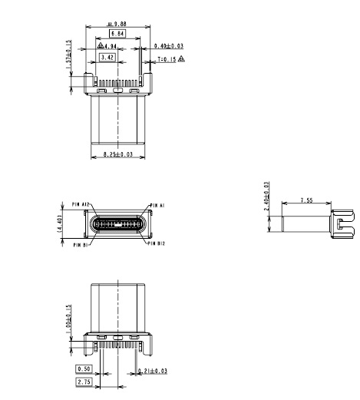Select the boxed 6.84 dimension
pyautogui.click(x=117, y=35)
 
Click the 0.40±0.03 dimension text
pyautogui.click(x=170, y=47)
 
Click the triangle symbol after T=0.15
pyautogui.click(x=181, y=58)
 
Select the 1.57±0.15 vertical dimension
pyautogui.click(x=69, y=58)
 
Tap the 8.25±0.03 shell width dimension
pyautogui.click(x=117, y=155)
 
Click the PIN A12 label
pyautogui.click(x=81, y=205)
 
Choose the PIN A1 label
pyautogui.click(x=157, y=205)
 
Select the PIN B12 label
pyautogui.click(x=156, y=244)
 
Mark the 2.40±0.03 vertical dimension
pyautogui.click(x=266, y=200)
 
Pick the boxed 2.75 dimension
pyautogui.click(x=84, y=381)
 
